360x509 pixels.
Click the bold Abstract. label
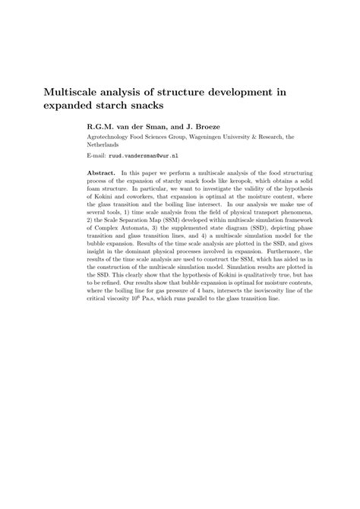tap(102, 172)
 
